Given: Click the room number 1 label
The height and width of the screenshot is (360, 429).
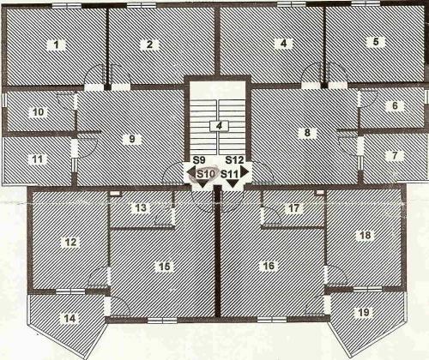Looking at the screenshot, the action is (x=56, y=45).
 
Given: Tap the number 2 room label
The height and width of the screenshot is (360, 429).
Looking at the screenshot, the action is (x=149, y=45).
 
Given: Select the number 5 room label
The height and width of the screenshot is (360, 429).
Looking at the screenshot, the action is (x=376, y=42).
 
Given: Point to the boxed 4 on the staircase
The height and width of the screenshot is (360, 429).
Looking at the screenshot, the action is (x=219, y=126).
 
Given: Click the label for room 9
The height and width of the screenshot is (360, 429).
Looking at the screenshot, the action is (x=132, y=139).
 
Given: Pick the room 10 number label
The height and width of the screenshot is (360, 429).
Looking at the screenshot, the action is (x=39, y=112).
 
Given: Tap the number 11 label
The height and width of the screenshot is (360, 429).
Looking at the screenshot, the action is (x=38, y=159).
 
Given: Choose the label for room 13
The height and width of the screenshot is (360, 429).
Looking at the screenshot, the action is (x=141, y=207).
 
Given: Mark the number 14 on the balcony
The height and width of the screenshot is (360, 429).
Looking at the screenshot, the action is (x=70, y=318).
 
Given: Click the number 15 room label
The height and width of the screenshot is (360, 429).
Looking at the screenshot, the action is (x=165, y=267).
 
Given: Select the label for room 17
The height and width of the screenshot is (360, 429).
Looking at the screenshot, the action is (x=293, y=208).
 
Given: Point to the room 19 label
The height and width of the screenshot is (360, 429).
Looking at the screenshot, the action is (x=364, y=312).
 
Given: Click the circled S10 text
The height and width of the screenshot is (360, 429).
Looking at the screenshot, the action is (x=205, y=174).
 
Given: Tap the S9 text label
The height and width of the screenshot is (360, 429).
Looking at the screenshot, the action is (x=199, y=160).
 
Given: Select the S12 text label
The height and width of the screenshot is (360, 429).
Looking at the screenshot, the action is (x=234, y=160).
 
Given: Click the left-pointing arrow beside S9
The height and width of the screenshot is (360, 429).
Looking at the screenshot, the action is (x=191, y=172).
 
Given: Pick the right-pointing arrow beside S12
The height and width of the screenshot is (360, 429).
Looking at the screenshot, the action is (x=245, y=171).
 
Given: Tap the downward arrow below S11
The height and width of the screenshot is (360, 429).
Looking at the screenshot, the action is (x=233, y=183).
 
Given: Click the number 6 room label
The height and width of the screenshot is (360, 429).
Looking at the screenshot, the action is (x=395, y=105).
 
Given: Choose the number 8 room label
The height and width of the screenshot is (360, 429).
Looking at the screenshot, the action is (x=307, y=133).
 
